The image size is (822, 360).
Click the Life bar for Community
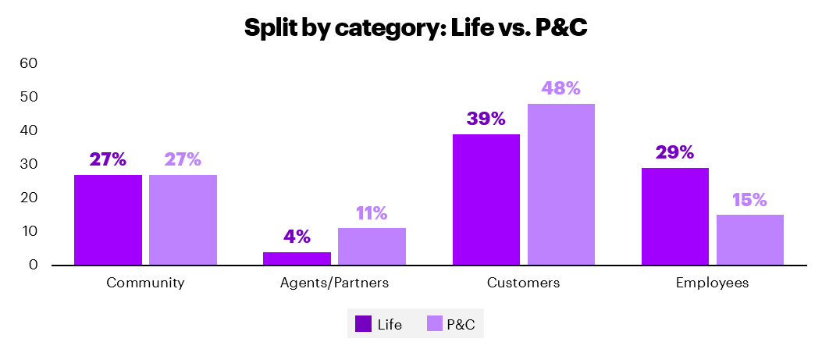coord(108,220)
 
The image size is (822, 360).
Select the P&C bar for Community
coord(183,220)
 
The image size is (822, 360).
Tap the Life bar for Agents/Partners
coord(297,258)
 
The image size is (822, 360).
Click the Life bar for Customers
coord(486,200)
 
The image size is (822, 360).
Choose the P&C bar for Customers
coord(560,184)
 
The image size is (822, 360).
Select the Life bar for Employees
coord(675,216)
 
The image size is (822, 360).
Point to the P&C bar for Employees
coord(749,240)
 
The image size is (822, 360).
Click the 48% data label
coord(560,88)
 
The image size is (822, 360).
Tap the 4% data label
coord(297,237)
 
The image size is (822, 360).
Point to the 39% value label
coord(486,119)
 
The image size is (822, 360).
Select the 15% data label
coord(749,199)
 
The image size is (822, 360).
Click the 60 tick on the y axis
coord(29,62)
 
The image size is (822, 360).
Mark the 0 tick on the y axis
coord(34,265)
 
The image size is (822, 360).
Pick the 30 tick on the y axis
coord(29,164)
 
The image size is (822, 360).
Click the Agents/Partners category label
coord(334,283)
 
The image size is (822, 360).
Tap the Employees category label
coord(712,283)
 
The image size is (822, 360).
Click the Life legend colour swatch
coord(364,324)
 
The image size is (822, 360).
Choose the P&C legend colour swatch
coord(435,324)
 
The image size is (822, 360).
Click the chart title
coord(415,28)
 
